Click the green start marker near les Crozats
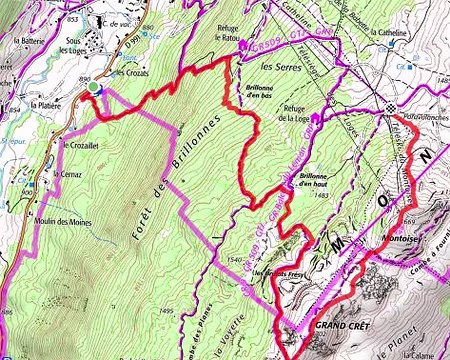tap(94, 89)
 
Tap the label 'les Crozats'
tap(130, 73)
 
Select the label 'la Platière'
tap(46, 105)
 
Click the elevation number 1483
tap(320, 196)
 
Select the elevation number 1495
tap(164, 312)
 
